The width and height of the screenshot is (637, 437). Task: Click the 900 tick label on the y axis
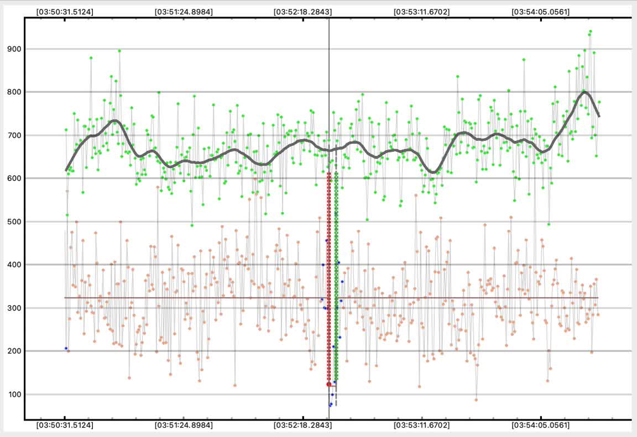click(14, 49)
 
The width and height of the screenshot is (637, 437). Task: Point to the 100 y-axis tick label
click(14, 394)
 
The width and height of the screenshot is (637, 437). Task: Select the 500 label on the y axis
click(14, 222)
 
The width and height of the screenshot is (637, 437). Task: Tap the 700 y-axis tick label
click(14, 135)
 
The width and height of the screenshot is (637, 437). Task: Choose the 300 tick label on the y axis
click(14, 308)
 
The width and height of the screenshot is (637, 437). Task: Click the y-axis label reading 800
click(14, 92)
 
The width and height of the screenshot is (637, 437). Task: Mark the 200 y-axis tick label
click(14, 351)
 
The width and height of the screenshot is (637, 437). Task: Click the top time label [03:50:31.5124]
click(65, 12)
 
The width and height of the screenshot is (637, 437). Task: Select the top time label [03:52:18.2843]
click(303, 12)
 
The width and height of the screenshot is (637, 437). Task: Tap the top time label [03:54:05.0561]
click(541, 12)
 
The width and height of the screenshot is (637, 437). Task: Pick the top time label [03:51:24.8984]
click(184, 12)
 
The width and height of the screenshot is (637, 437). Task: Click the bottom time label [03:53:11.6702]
click(421, 425)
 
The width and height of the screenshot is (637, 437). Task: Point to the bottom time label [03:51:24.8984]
click(184, 425)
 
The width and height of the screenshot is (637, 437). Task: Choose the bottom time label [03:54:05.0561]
click(541, 425)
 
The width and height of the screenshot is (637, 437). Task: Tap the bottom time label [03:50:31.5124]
click(65, 425)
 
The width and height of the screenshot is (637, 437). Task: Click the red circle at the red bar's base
click(329, 384)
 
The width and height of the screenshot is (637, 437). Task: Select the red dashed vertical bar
click(329, 276)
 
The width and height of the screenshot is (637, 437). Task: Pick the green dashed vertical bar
click(336, 276)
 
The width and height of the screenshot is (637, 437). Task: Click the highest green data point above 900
click(590, 31)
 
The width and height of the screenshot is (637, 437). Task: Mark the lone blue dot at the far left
click(66, 349)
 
